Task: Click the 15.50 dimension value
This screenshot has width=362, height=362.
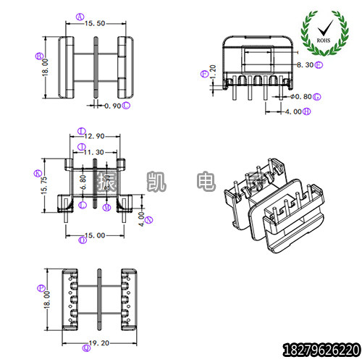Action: coord(96,23)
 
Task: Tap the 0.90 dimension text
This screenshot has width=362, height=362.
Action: coord(112,106)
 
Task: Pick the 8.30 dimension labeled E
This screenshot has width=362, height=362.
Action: coord(308,65)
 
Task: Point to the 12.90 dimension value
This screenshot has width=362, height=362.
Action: coord(95,136)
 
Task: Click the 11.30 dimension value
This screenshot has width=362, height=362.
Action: coord(94,152)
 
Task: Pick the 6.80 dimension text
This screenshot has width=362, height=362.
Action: coord(84,184)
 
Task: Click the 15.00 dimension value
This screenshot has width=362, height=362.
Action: coord(95,235)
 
